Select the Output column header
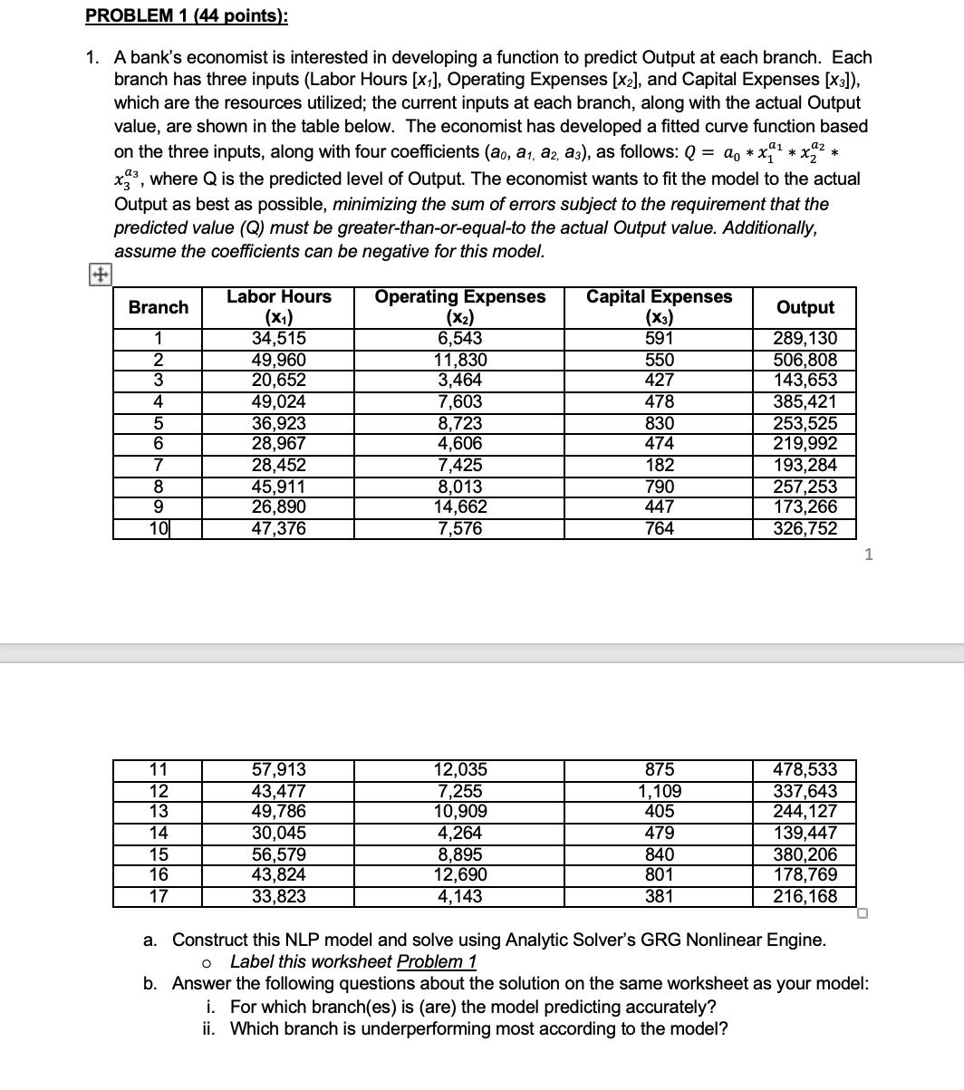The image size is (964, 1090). [x=805, y=307]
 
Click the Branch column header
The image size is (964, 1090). [x=159, y=307]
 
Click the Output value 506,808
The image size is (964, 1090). [x=805, y=360]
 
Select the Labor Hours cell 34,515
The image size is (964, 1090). [x=278, y=339]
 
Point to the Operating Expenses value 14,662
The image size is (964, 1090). [x=459, y=507]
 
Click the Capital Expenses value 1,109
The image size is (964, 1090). [x=659, y=791]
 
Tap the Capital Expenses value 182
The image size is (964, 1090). [x=659, y=466]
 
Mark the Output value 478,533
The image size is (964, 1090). [x=805, y=770]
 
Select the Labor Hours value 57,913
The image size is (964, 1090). [x=278, y=770]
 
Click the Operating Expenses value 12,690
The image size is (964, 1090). [x=459, y=875]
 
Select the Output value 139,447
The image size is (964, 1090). [x=805, y=834]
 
